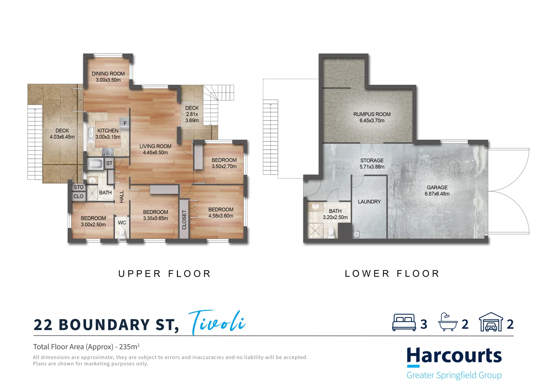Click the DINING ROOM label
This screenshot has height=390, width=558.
108,74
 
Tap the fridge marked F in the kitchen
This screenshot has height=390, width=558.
125,122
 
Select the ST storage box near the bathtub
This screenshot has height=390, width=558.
109,163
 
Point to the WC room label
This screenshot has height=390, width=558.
122,223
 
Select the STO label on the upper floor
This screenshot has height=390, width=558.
78,187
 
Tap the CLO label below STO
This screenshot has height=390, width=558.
78,196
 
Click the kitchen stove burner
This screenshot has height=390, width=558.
108,153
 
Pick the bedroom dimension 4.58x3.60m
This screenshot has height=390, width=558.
221,216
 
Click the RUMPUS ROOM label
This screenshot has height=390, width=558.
372,114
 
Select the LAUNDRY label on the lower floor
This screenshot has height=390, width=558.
369,202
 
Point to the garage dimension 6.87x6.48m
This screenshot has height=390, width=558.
437,194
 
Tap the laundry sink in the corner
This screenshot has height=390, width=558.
356,234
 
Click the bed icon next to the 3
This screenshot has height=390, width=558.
404,322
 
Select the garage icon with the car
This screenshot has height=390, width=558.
491,322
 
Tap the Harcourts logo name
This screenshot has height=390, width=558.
454,356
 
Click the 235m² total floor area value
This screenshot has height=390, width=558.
129,347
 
